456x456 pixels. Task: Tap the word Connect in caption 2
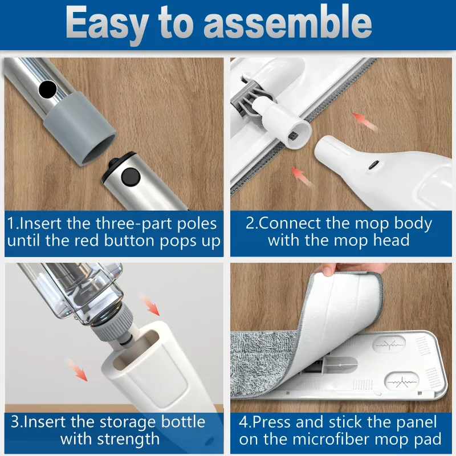coord(294,222)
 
